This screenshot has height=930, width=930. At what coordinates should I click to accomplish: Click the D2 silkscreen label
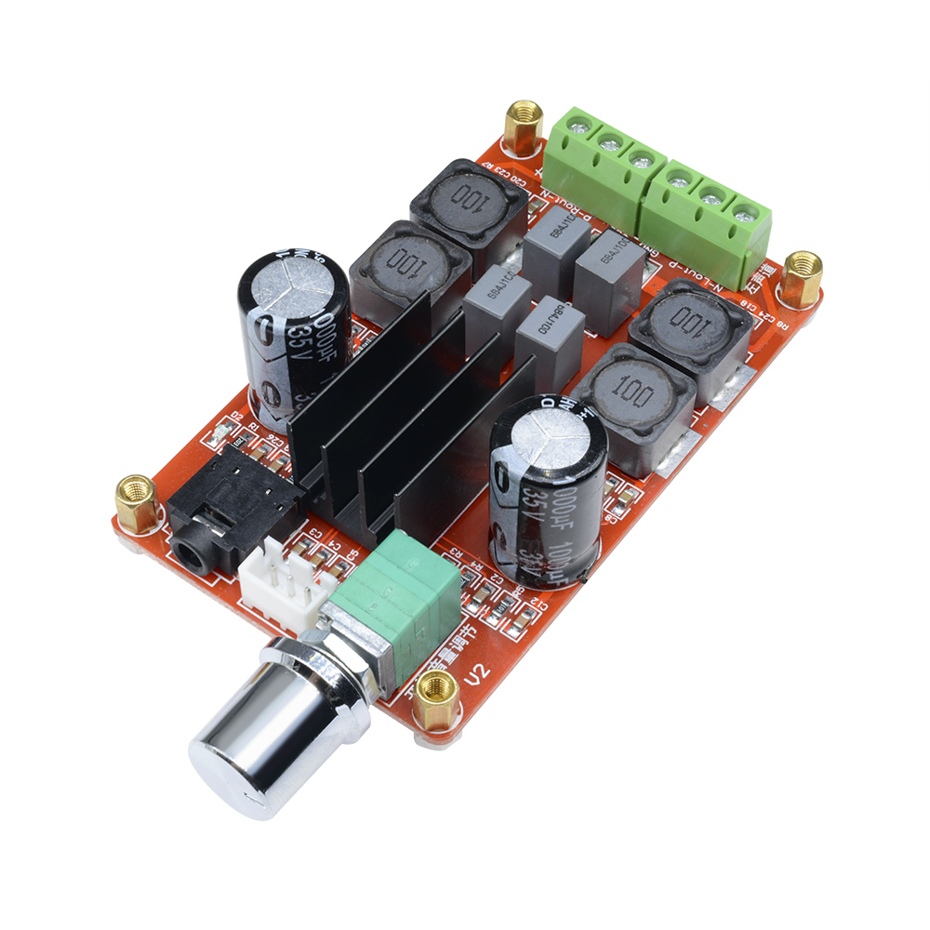[236, 416]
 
